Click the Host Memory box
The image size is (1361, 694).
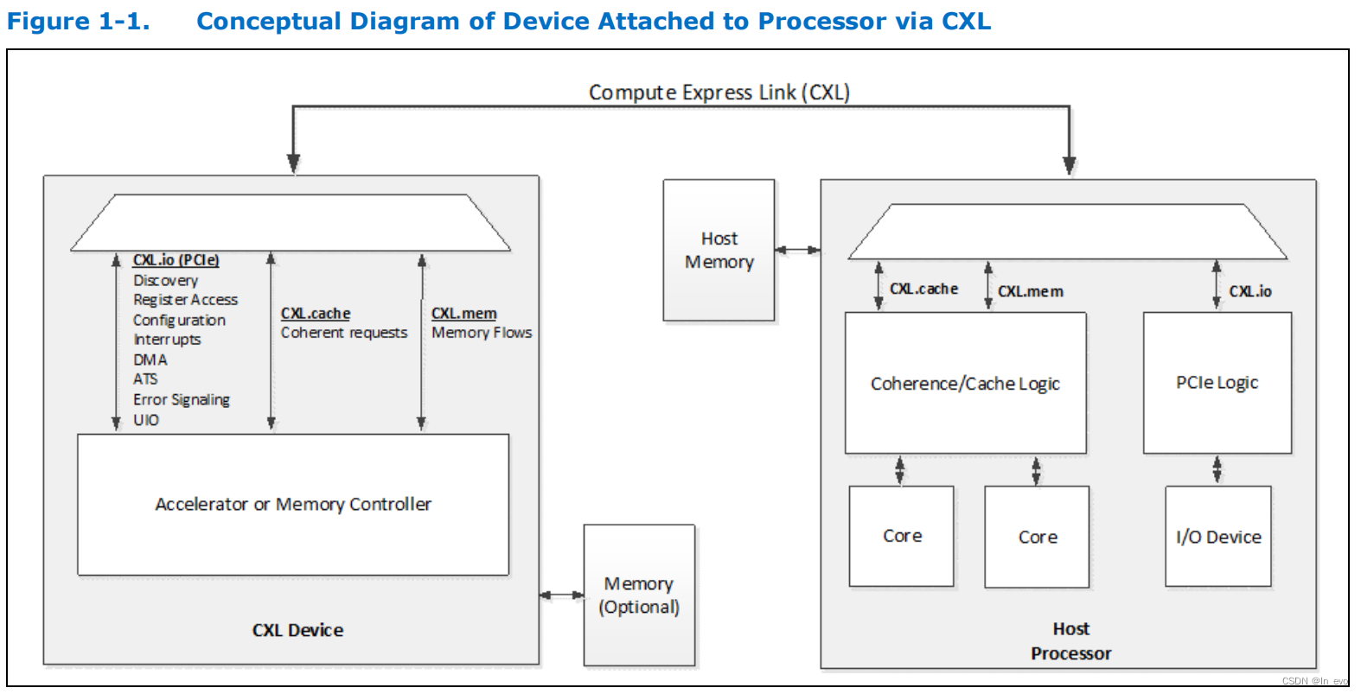pos(719,250)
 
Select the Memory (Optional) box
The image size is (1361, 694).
pos(639,595)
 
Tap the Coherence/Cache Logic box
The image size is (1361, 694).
pos(965,383)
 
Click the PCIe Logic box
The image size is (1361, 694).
pos(1217,382)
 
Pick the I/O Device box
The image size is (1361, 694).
pos(1217,537)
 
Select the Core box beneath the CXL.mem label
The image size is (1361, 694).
pos(1037,537)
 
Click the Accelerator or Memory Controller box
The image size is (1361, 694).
pos(293,504)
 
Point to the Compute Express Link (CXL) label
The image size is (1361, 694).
pos(719,92)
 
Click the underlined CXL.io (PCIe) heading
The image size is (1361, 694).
pos(176,260)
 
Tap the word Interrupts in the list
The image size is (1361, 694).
pos(167,340)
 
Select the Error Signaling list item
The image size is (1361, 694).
pos(182,399)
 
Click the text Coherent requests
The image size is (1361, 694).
pos(343,333)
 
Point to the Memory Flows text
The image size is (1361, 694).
pos(482,333)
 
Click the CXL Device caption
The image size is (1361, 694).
pos(297,630)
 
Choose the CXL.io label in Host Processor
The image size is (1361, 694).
pos(1249,291)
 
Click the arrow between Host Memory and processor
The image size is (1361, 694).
pos(797,250)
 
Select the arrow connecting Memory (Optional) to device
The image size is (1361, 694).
pos(561,595)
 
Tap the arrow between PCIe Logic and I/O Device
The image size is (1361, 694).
pos(1217,469)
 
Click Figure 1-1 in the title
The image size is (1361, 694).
pos(78,21)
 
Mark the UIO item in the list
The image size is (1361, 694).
pos(146,420)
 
